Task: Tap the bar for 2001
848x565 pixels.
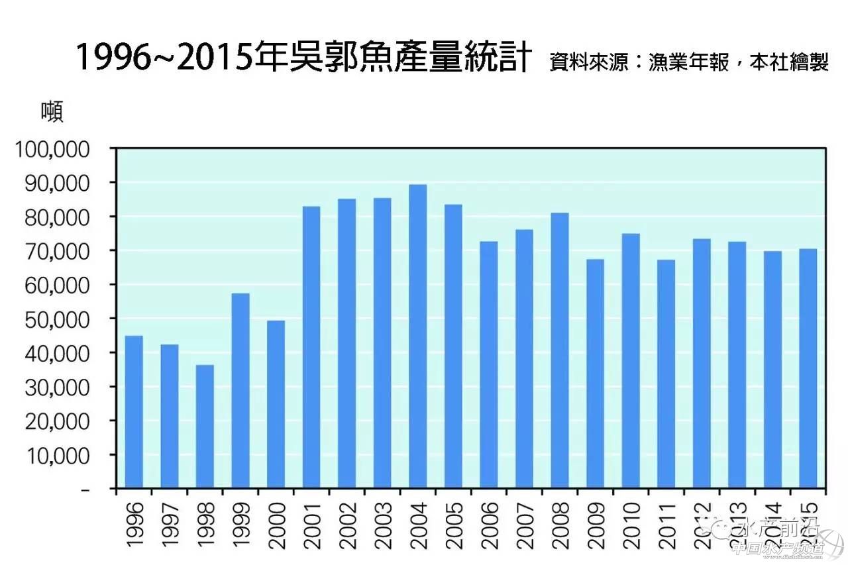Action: click(x=311, y=347)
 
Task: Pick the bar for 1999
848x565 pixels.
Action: click(x=240, y=391)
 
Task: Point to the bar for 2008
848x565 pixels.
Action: click(x=559, y=350)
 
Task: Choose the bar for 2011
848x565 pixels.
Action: click(x=666, y=374)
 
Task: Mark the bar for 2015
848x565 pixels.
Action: click(x=808, y=368)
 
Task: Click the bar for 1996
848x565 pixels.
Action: click(x=134, y=412)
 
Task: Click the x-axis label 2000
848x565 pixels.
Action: click(x=276, y=526)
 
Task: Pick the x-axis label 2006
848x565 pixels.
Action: click(x=489, y=526)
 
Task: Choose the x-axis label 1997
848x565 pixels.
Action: click(x=170, y=526)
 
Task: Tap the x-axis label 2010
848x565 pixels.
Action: click(x=631, y=526)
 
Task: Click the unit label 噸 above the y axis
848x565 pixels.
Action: click(x=52, y=111)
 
